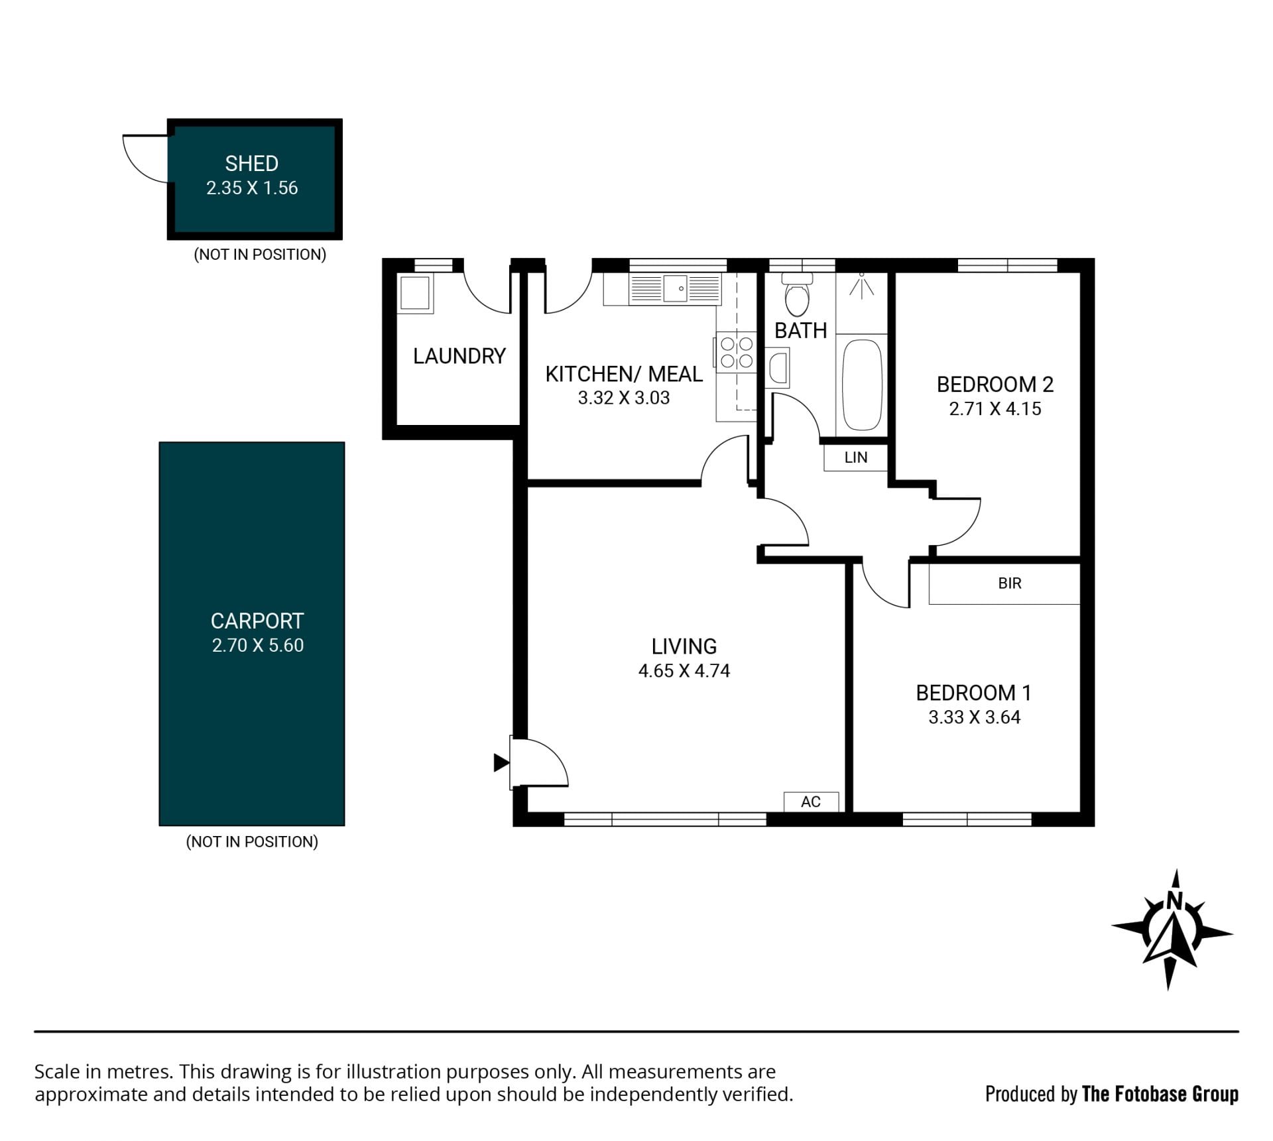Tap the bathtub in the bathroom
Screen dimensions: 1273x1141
[x=862, y=386]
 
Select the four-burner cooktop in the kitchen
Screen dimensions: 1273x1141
[x=737, y=352]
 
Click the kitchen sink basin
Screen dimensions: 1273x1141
[x=675, y=289]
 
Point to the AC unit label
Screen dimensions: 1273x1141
[x=811, y=802]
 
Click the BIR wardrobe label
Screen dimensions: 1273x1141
[x=1010, y=583]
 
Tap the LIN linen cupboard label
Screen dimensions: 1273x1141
[x=856, y=457]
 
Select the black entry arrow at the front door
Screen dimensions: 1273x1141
[x=501, y=763]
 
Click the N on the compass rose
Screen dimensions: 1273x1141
[x=1174, y=900]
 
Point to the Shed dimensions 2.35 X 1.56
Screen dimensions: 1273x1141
[x=252, y=188]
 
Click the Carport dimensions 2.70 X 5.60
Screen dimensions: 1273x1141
[x=258, y=646]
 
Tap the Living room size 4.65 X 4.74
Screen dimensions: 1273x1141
[x=684, y=671]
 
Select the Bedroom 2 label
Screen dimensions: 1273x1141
[x=995, y=385]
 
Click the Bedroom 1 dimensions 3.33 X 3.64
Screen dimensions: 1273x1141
[x=975, y=717]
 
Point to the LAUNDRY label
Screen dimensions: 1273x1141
[x=459, y=357]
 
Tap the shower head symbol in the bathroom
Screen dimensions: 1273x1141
[x=861, y=285]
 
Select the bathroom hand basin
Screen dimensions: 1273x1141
[x=778, y=368]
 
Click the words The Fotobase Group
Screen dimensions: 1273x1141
[x=1160, y=1094]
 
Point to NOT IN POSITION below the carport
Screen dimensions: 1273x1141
[x=252, y=842]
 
